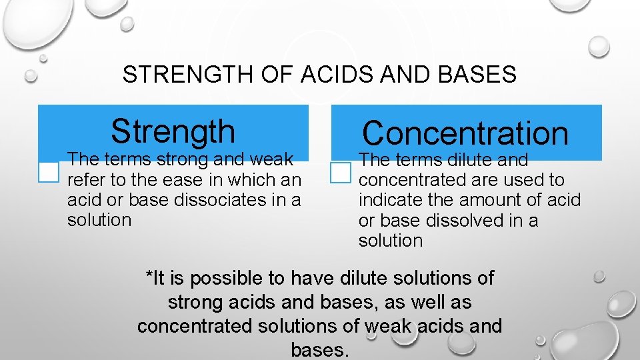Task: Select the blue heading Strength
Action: (173, 131)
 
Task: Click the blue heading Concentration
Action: (465, 133)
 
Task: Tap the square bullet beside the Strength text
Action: (49, 172)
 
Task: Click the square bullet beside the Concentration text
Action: (340, 173)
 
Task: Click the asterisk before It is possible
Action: (149, 275)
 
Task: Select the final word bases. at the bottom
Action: (320, 349)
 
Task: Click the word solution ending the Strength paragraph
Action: (99, 219)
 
